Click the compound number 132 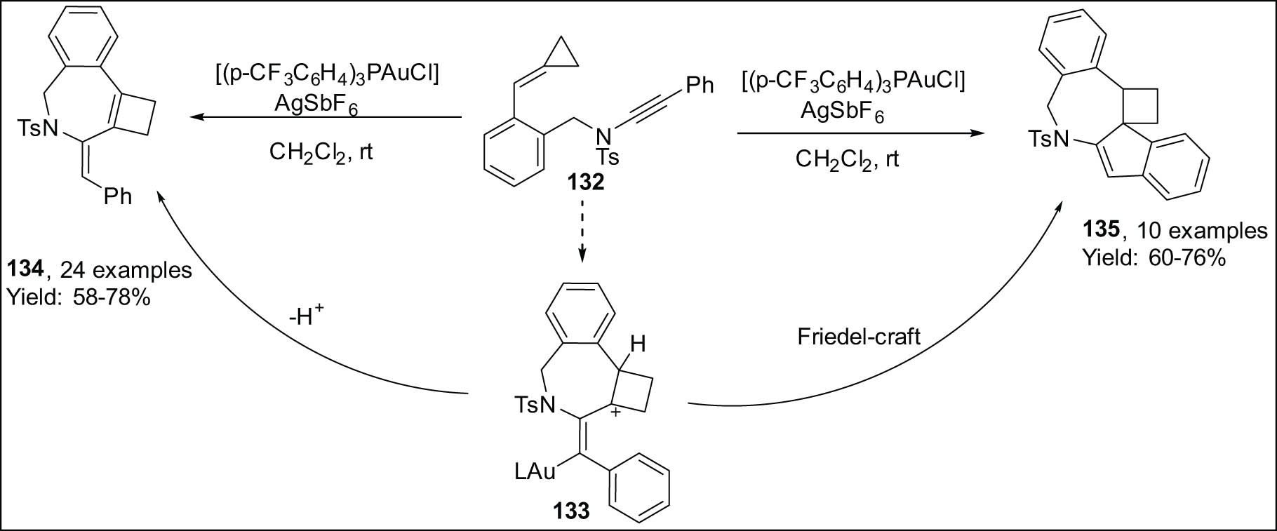coord(586,184)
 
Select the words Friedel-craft coord(858,337)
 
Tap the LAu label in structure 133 coord(535,471)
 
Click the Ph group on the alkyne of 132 coord(699,86)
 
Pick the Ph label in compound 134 coord(118,197)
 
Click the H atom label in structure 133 coord(637,344)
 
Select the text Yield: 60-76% coord(1154,259)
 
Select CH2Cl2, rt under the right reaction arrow coord(847,159)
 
